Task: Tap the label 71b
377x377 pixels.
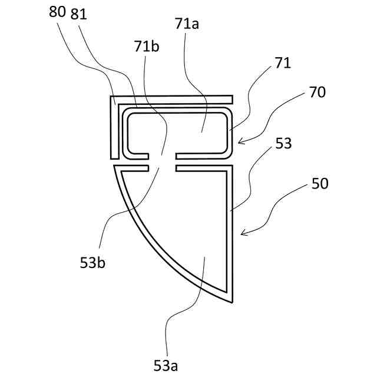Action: click(x=146, y=47)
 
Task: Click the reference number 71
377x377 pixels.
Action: click(x=283, y=63)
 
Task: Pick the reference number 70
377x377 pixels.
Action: click(x=316, y=92)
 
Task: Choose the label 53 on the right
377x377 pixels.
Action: click(x=283, y=143)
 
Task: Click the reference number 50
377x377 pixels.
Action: click(x=320, y=184)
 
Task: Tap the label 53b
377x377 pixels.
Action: click(x=94, y=263)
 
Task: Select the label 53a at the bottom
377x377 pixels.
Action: click(x=166, y=365)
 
